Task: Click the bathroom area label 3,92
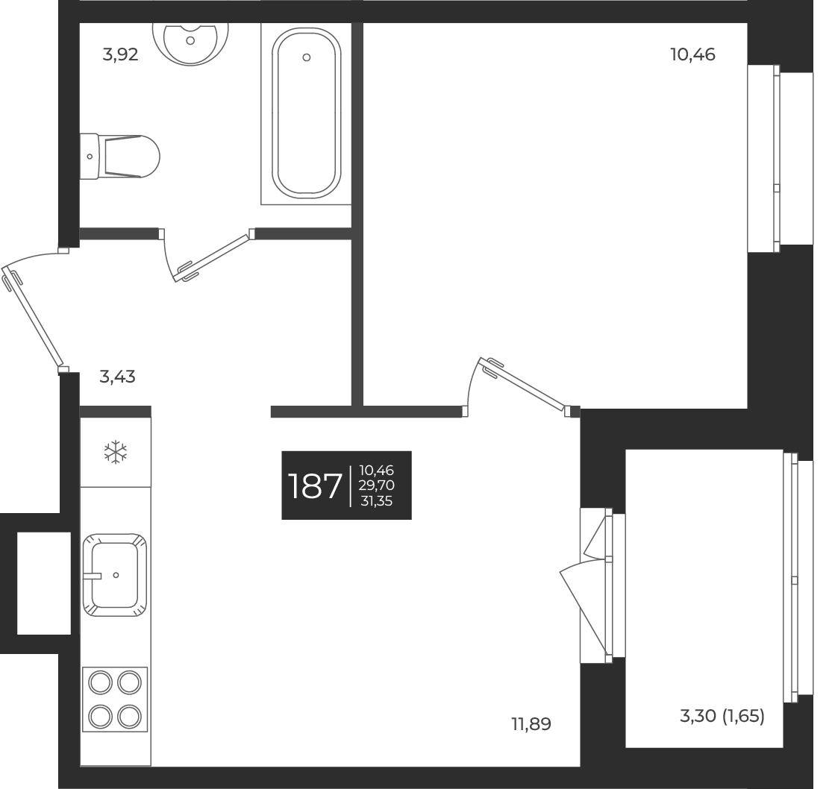click(x=120, y=55)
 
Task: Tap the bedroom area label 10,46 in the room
click(x=692, y=55)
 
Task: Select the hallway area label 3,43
click(x=117, y=377)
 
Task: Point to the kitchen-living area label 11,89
click(x=531, y=723)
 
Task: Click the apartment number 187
click(x=315, y=486)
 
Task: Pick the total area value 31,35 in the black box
click(x=377, y=501)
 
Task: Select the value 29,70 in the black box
click(x=377, y=485)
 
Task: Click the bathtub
click(x=306, y=112)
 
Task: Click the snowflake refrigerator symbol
click(x=116, y=451)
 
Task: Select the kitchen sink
click(x=115, y=574)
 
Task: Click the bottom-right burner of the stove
click(x=129, y=716)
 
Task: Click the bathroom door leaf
click(x=211, y=258)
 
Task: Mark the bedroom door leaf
click(x=526, y=386)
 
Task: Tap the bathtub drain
click(x=306, y=57)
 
